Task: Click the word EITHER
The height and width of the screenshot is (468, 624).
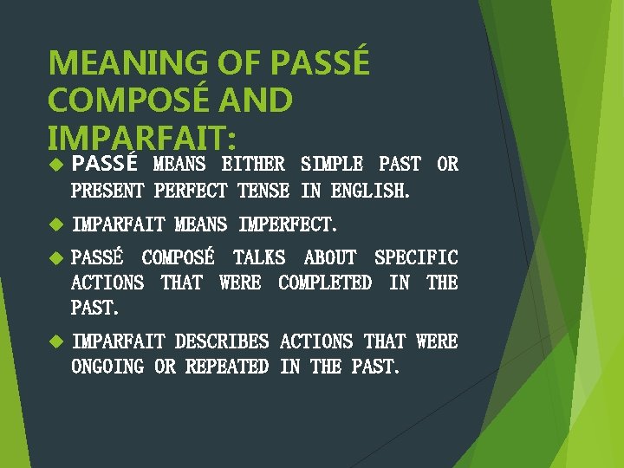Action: coord(253,164)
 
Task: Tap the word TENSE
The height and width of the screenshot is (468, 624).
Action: coord(264,190)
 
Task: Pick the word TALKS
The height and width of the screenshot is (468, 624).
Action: coord(259,257)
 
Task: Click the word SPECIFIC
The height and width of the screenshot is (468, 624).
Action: coord(416,257)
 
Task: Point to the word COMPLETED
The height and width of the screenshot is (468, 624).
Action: coord(325,283)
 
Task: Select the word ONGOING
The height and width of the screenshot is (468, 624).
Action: coord(107,367)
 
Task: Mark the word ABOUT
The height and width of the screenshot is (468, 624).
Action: coord(329,257)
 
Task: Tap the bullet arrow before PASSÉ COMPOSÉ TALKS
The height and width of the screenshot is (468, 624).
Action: coord(56,257)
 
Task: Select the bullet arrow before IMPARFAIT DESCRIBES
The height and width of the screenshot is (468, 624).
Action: coord(56,341)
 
